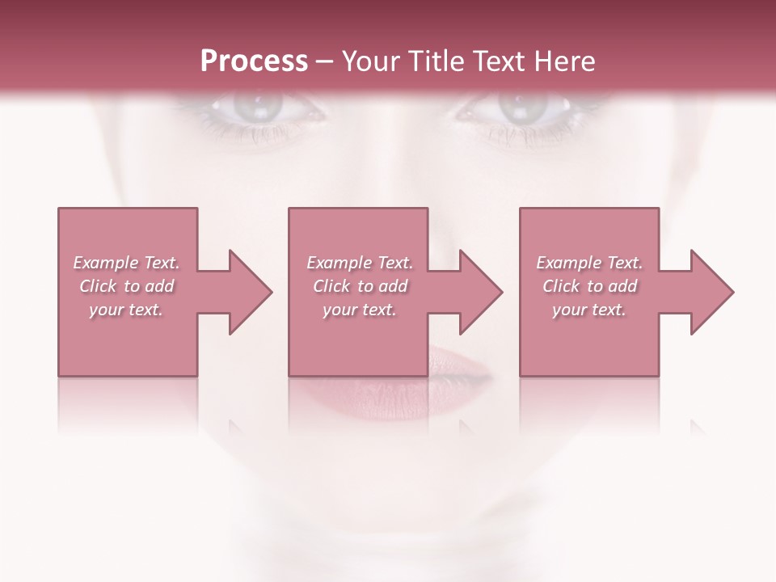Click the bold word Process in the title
pyautogui.click(x=254, y=61)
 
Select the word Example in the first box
pyautogui.click(x=106, y=263)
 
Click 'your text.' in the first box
pyautogui.click(x=126, y=310)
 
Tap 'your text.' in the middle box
pyautogui.click(x=360, y=310)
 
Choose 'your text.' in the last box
pyautogui.click(x=589, y=310)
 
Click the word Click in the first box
pyautogui.click(x=98, y=286)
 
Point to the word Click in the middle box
pyautogui.click(x=331, y=286)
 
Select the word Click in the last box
pyautogui.click(x=561, y=286)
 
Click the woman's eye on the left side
pyautogui.click(x=250, y=108)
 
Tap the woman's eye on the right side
pyautogui.click(x=517, y=108)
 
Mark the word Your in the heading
pyautogui.click(x=369, y=61)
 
